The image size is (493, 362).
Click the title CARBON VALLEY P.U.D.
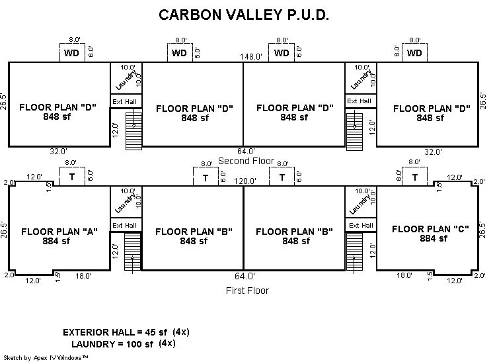(x=245, y=15)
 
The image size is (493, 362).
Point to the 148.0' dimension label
(x=251, y=57)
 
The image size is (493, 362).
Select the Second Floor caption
(x=246, y=161)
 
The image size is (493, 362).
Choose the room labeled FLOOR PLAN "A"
(x=59, y=236)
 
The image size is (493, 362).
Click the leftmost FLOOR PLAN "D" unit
(x=57, y=112)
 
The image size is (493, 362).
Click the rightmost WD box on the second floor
(x=414, y=53)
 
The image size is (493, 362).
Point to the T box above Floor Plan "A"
(x=71, y=177)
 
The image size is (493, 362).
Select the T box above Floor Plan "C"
(x=415, y=177)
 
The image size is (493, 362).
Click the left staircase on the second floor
(x=134, y=130)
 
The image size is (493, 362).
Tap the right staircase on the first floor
(x=355, y=255)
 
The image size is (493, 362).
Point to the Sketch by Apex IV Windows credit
(x=47, y=357)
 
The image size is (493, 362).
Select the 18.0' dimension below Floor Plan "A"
(x=83, y=276)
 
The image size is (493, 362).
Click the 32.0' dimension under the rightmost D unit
(x=433, y=152)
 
